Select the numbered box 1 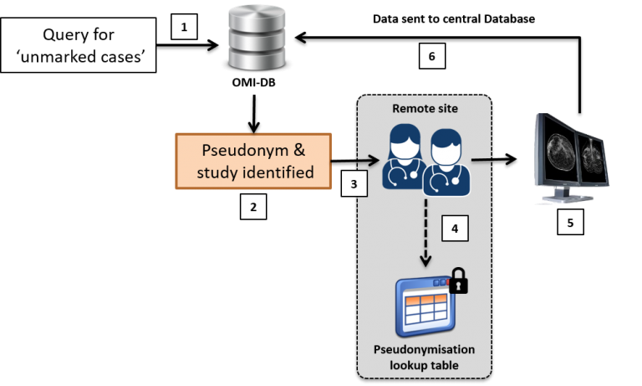pyautogui.click(x=184, y=27)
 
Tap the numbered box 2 pyautogui.click(x=252, y=206)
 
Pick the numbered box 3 pyautogui.click(x=354, y=183)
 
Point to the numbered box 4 pyautogui.click(x=455, y=229)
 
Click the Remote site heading pyautogui.click(x=426, y=109)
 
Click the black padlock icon pyautogui.click(x=459, y=281)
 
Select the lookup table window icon pyautogui.click(x=423, y=306)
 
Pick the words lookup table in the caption pyautogui.click(x=426, y=366)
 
